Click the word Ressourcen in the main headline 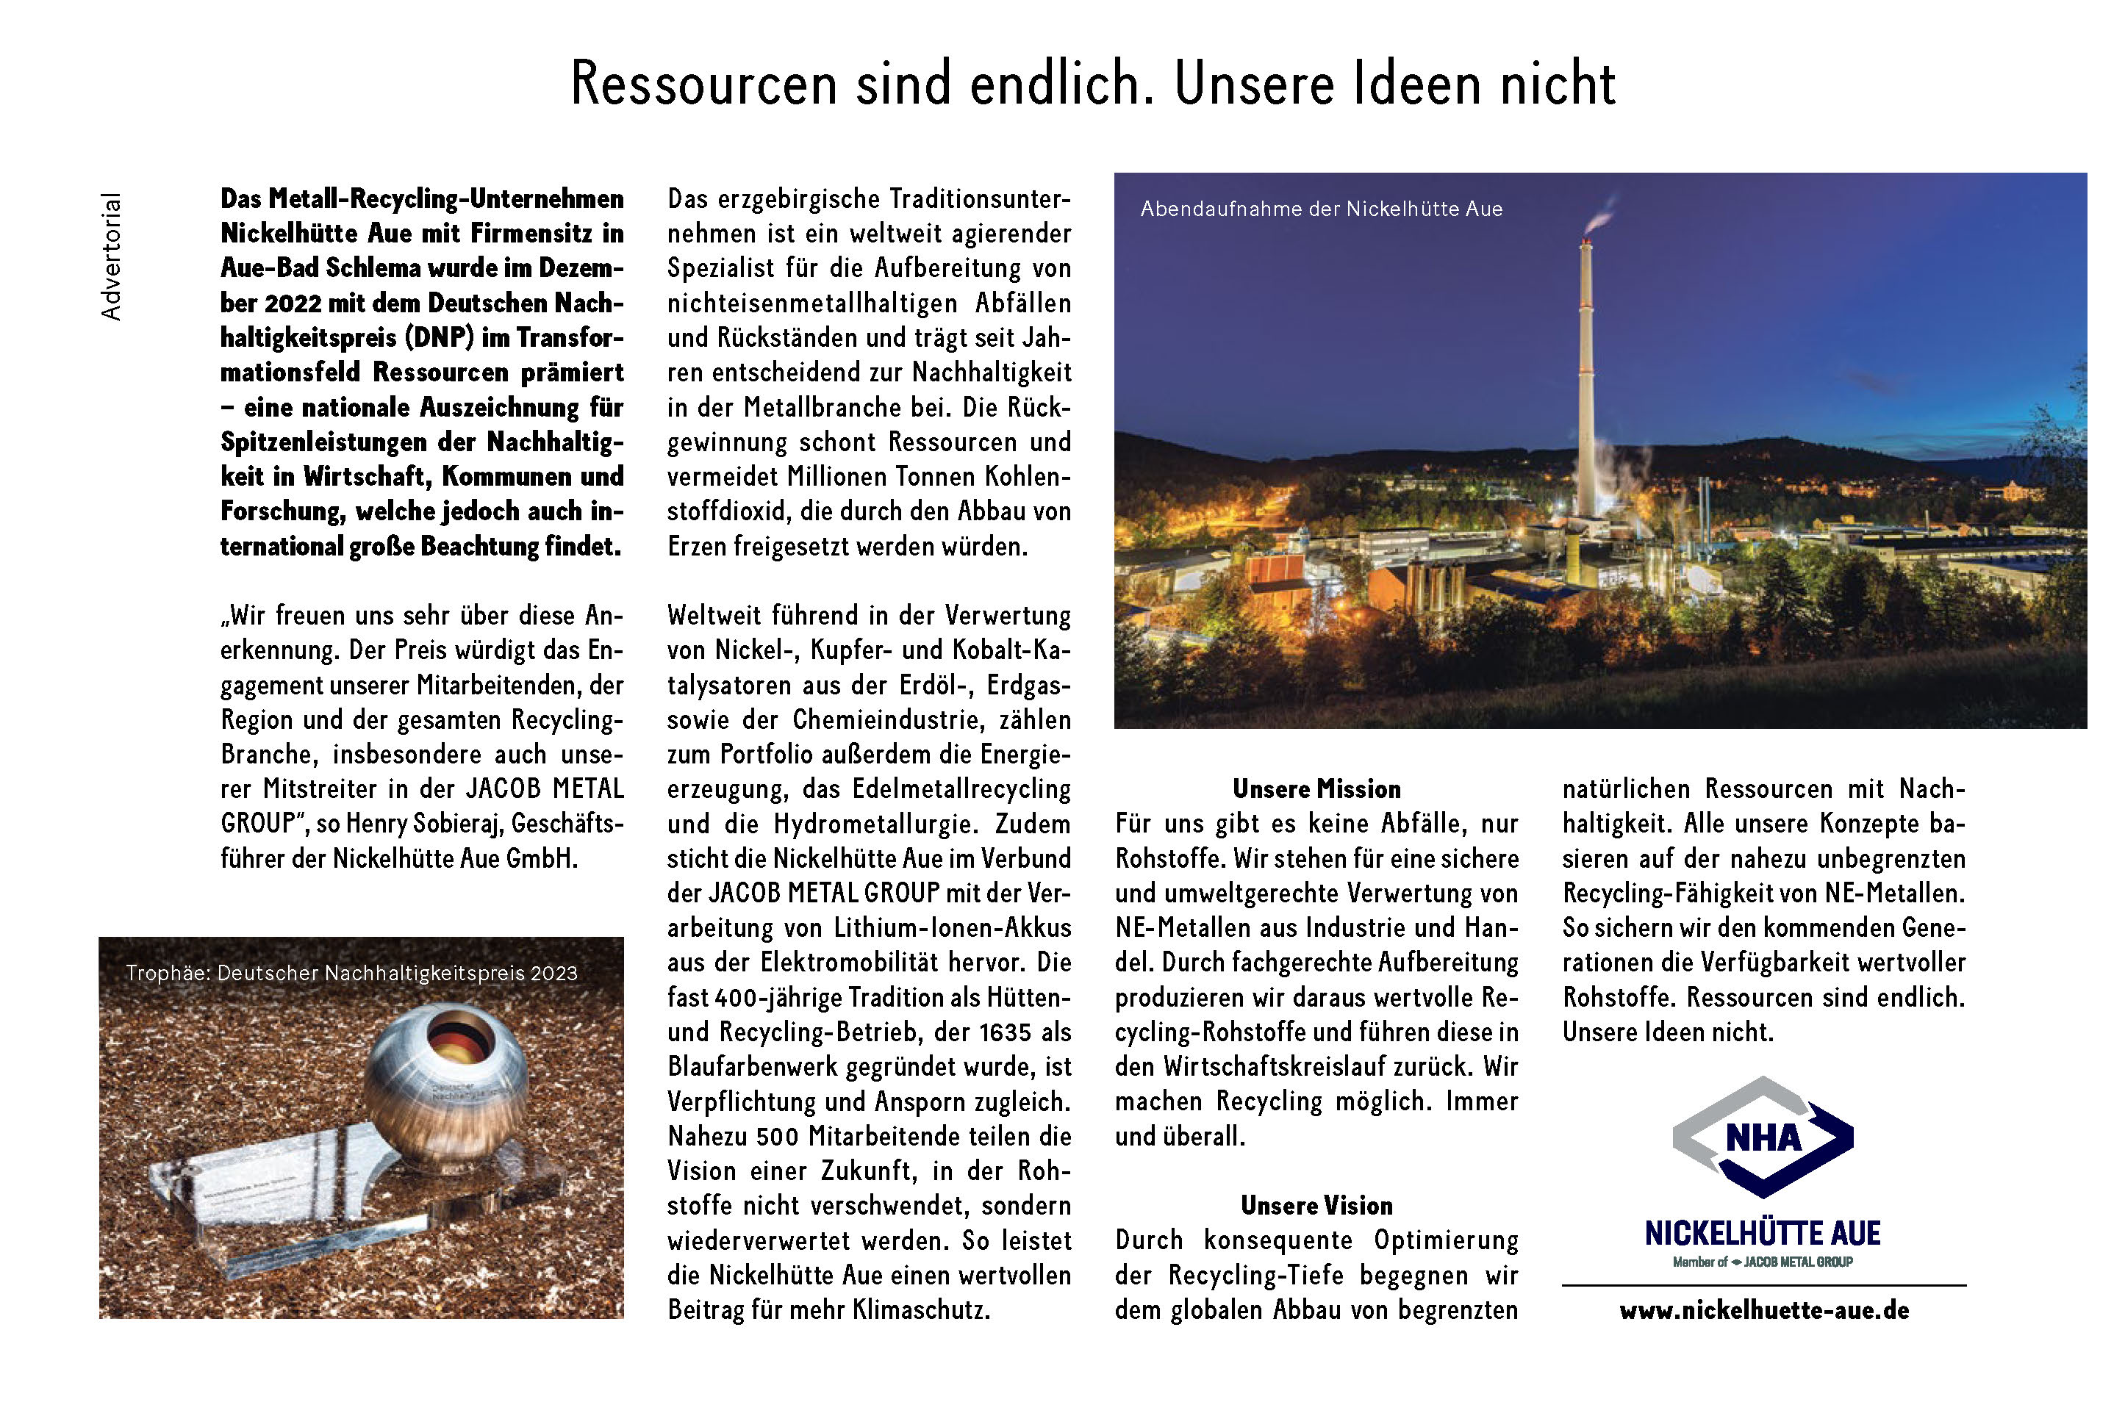click(x=704, y=85)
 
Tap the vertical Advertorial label click(x=111, y=257)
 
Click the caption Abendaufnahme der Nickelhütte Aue click(x=1321, y=209)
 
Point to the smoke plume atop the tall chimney click(x=1599, y=216)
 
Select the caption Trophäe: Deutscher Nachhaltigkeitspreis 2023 click(x=351, y=974)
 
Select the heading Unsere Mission click(x=1316, y=789)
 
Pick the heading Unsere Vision click(x=1316, y=1206)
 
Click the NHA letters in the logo click(x=1763, y=1138)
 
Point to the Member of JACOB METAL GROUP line click(x=1763, y=1262)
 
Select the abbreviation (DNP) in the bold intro click(x=439, y=338)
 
